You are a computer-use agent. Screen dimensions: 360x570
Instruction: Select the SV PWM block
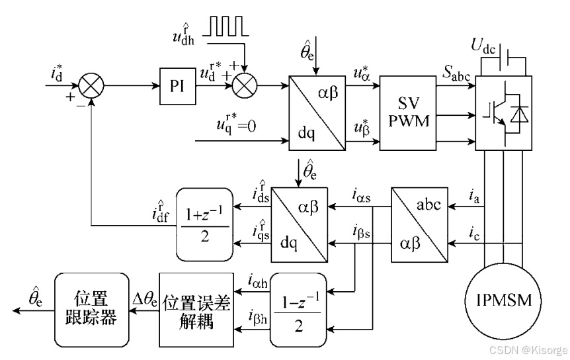point(409,112)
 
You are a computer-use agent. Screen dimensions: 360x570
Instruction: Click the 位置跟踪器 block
point(91,309)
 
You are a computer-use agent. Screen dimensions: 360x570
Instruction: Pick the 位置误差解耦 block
point(196,309)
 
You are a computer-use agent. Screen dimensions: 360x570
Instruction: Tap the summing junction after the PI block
point(247,85)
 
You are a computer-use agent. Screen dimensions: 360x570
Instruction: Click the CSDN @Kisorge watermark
point(522,349)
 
